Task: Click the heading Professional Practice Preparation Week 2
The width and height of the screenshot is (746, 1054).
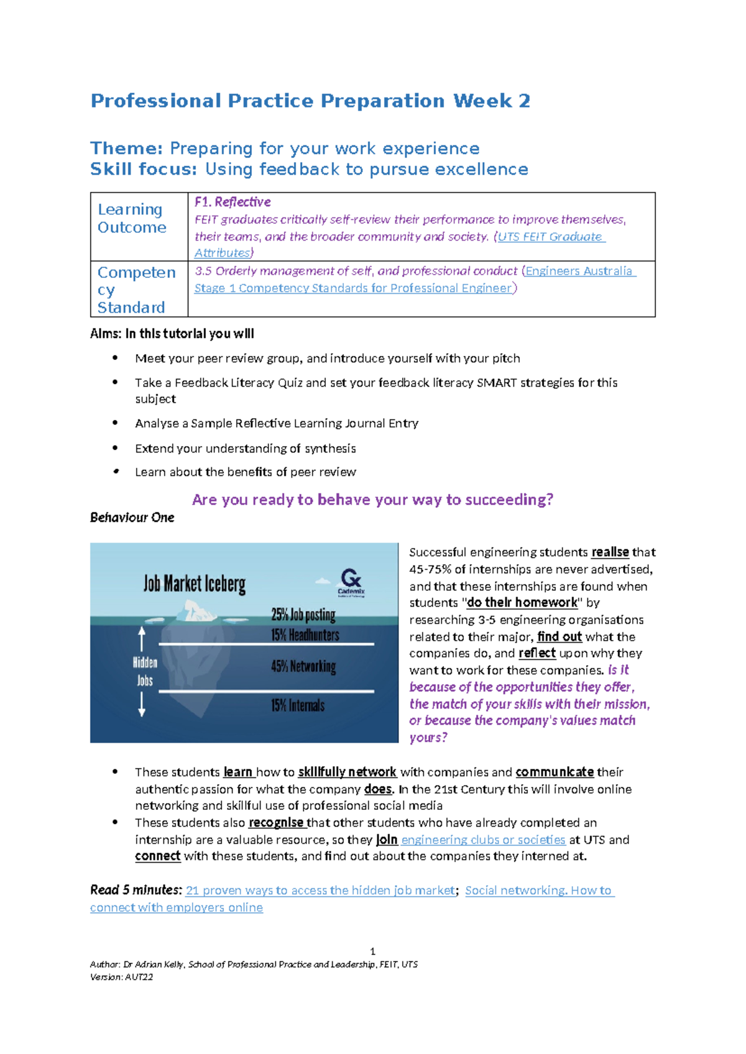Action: [310, 101]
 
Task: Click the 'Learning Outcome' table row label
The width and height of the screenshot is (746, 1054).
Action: [132, 218]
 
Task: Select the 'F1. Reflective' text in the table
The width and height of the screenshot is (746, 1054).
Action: [233, 202]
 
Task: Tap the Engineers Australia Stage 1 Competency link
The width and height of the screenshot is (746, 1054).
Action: [578, 271]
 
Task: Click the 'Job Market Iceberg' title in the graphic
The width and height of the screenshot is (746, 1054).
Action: [195, 584]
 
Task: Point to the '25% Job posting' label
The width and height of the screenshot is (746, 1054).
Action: [303, 615]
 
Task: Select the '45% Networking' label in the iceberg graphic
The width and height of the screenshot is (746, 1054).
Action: [303, 666]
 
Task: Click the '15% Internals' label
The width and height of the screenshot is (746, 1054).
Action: [298, 705]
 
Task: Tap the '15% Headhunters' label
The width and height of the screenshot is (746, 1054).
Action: [305, 635]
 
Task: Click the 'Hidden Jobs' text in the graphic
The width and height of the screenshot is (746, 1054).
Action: [145, 671]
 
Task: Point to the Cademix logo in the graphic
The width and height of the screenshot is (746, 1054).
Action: [351, 582]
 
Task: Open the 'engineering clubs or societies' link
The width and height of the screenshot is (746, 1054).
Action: [483, 840]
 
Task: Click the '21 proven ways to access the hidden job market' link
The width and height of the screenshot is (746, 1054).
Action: [320, 891]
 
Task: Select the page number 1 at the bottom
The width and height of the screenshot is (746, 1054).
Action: [372, 951]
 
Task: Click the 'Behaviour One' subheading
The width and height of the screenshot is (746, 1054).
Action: [132, 518]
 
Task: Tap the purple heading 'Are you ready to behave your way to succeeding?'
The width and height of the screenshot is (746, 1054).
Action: [372, 500]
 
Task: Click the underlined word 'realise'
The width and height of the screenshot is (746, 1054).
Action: [610, 552]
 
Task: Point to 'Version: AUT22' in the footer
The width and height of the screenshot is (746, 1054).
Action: [122, 977]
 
